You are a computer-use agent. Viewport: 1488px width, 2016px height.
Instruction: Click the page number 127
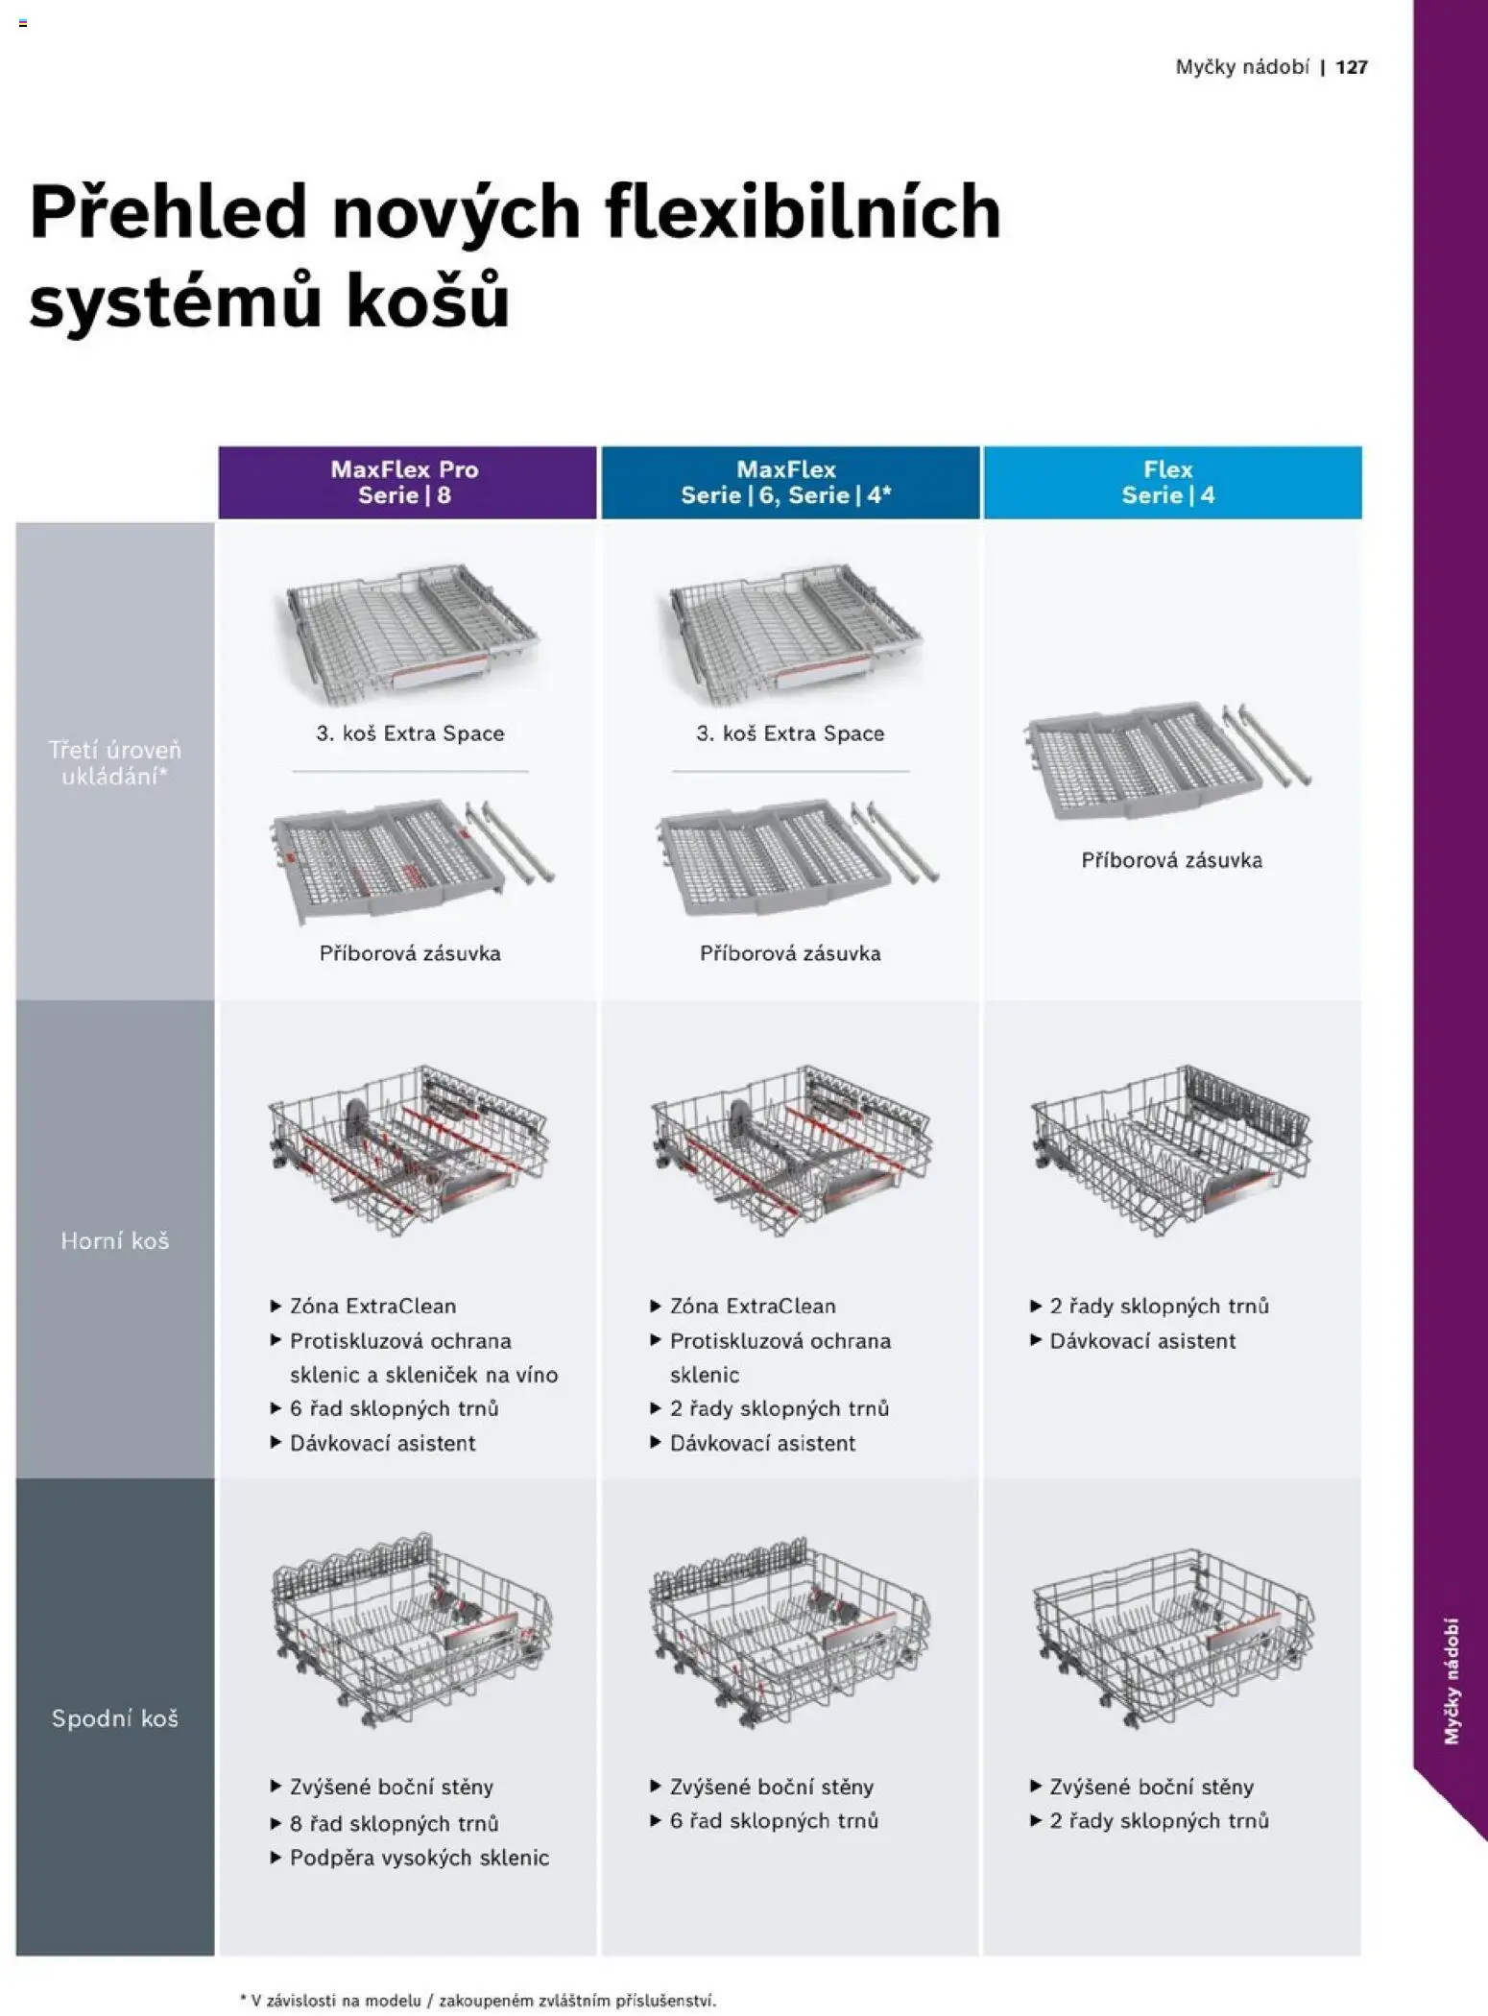pos(1351,67)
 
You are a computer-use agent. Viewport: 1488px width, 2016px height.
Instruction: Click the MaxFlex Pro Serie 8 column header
pos(407,482)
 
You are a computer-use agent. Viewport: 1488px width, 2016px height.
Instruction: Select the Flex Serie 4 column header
pos(1172,482)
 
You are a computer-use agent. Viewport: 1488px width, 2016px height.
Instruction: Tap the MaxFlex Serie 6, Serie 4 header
pos(790,482)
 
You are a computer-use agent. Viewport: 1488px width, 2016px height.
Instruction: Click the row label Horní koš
pos(115,1241)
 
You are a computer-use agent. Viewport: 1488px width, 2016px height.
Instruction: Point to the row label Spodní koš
pos(115,1718)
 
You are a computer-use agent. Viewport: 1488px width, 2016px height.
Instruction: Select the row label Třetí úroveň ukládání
pos(115,763)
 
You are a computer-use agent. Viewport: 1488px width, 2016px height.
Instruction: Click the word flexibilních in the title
pos(803,212)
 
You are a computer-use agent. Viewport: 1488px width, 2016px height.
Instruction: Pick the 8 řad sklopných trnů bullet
pos(385,1823)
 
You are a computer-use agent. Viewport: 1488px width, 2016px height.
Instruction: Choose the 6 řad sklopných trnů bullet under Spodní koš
pos(765,1820)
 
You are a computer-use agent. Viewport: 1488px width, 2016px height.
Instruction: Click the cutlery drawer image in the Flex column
pos(1168,760)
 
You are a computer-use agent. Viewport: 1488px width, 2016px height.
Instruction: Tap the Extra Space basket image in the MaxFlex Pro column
pos(410,633)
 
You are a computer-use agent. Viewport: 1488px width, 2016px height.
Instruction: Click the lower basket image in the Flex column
pos(1173,1638)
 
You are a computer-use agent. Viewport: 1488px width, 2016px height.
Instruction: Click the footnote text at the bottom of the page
pos(478,2001)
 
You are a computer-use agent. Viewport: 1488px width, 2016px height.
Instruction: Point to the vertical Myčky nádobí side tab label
pos(1452,1681)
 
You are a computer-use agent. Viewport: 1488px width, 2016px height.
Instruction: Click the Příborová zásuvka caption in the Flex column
pos(1172,860)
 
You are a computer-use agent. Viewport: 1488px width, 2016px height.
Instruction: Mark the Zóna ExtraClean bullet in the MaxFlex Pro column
pos(363,1306)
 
